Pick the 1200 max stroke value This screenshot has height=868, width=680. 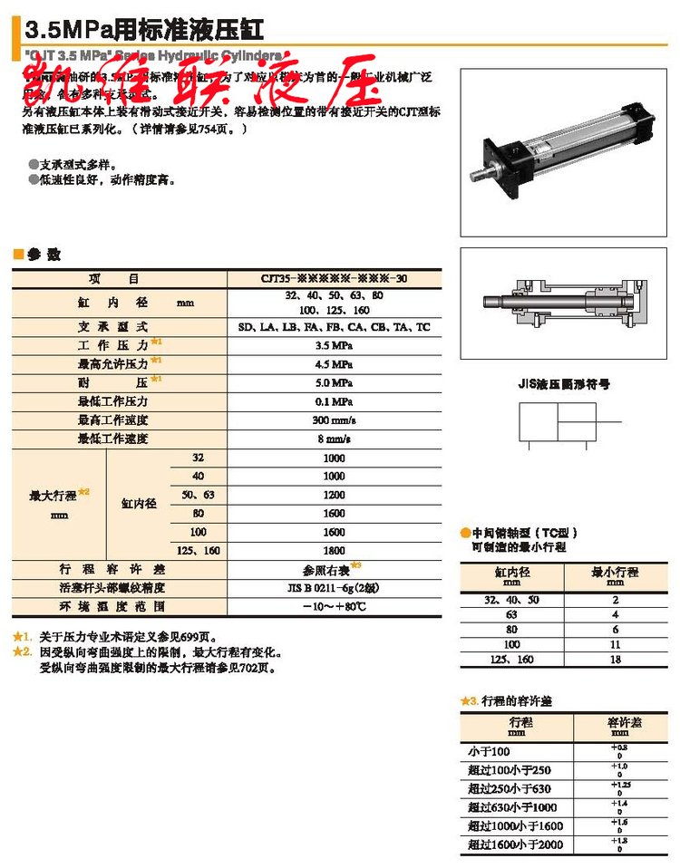(335, 495)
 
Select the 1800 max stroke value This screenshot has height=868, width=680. (335, 550)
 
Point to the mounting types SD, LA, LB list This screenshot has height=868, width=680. (335, 326)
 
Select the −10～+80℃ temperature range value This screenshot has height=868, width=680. (335, 606)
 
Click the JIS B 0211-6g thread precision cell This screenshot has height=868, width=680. (335, 587)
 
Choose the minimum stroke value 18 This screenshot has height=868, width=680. (615, 661)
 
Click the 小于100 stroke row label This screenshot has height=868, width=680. (490, 751)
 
